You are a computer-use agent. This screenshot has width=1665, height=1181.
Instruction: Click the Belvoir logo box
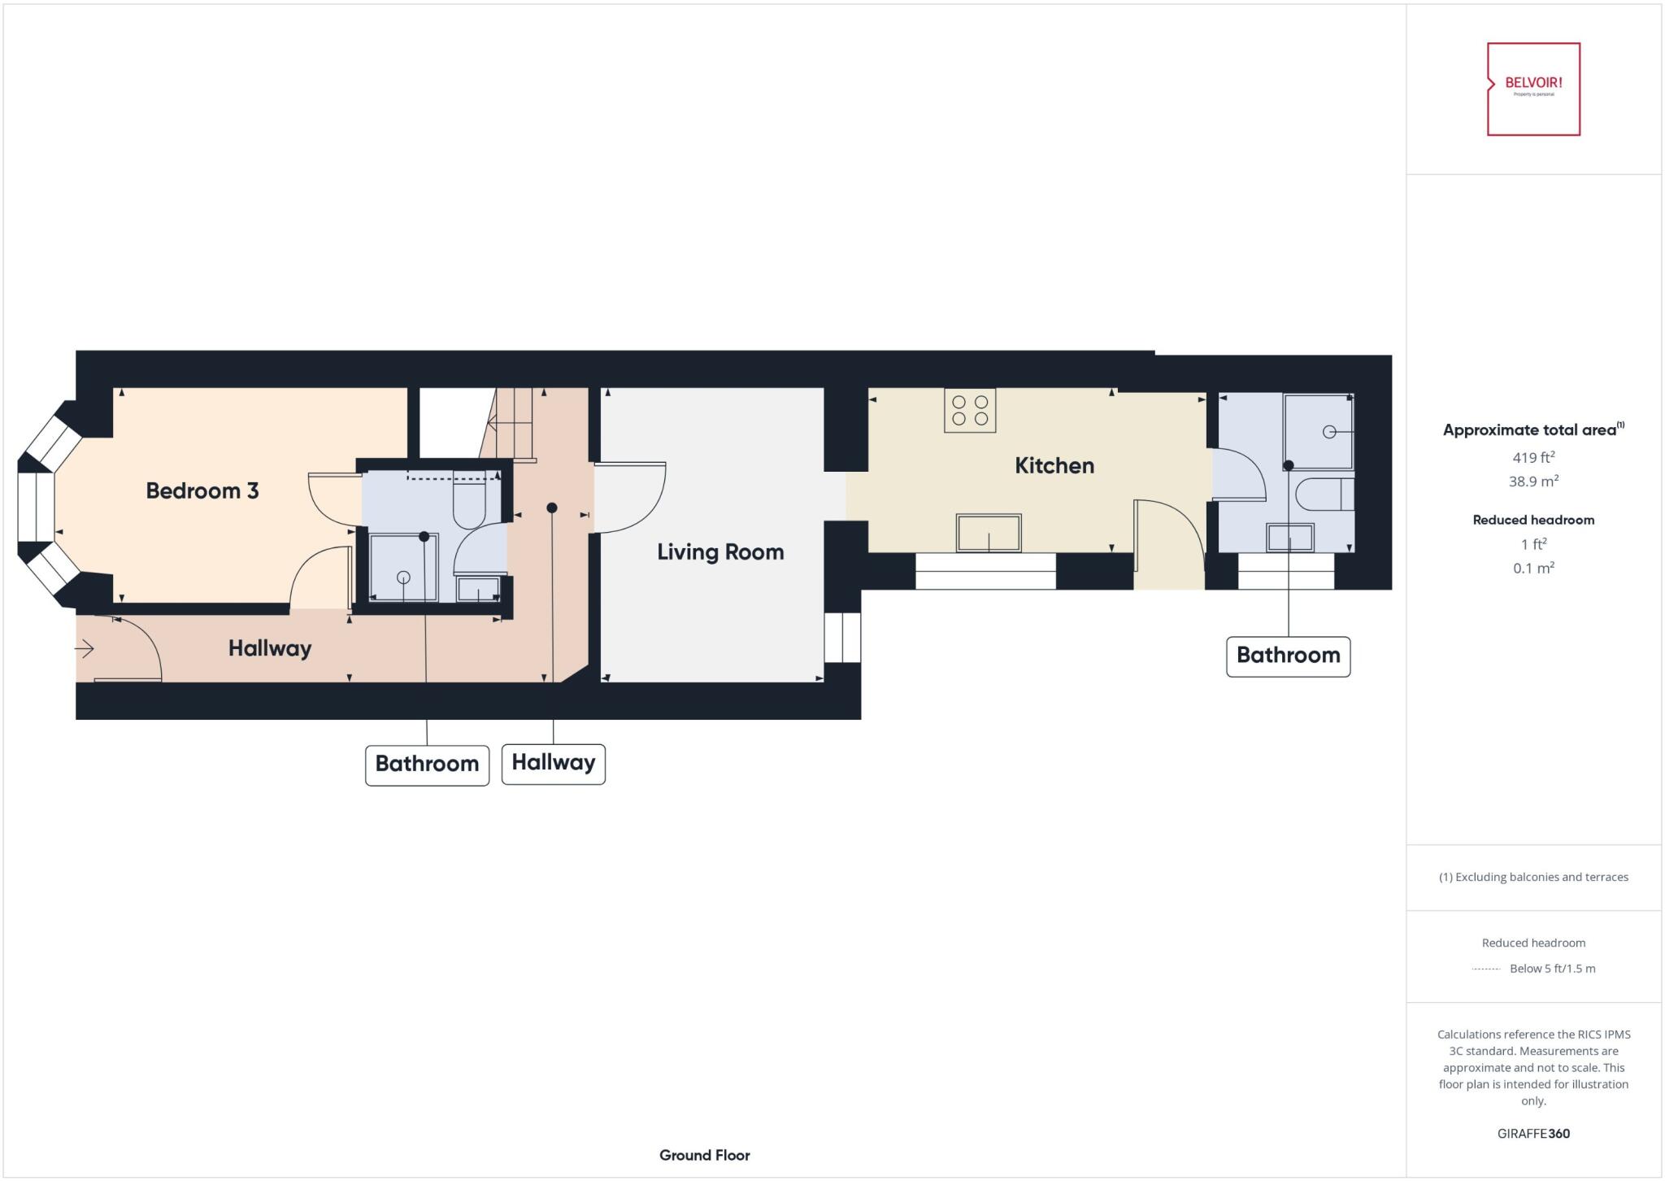tap(1533, 89)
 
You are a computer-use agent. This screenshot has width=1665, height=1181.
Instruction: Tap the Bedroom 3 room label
tap(202, 490)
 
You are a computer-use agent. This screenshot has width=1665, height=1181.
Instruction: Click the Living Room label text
tap(720, 552)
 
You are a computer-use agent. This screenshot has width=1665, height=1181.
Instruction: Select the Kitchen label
tap(1054, 465)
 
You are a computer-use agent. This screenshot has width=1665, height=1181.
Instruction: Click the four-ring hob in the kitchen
tap(970, 410)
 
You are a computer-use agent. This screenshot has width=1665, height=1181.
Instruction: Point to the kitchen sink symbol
tap(988, 534)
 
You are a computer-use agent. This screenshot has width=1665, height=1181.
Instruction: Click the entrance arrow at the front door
tap(85, 648)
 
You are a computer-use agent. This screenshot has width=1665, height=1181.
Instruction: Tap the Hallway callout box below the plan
tap(553, 763)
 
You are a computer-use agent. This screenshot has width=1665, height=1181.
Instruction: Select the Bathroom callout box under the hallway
tap(427, 765)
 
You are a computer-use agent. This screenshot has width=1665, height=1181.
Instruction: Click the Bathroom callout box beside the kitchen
tap(1288, 656)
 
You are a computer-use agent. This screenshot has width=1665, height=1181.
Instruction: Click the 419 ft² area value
tap(1533, 457)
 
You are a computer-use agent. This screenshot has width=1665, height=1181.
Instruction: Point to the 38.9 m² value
tap(1533, 482)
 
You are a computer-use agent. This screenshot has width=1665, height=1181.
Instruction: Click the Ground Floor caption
tap(704, 1155)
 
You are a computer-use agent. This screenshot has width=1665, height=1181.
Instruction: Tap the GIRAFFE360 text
tap(1533, 1133)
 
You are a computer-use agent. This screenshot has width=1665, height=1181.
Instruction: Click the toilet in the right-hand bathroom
tap(1324, 495)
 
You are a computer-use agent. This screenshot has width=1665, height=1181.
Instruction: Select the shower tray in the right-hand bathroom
tap(1318, 432)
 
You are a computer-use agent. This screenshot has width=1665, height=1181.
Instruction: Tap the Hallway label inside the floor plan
tap(269, 648)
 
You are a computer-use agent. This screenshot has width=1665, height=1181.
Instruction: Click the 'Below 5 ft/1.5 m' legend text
tap(1551, 968)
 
